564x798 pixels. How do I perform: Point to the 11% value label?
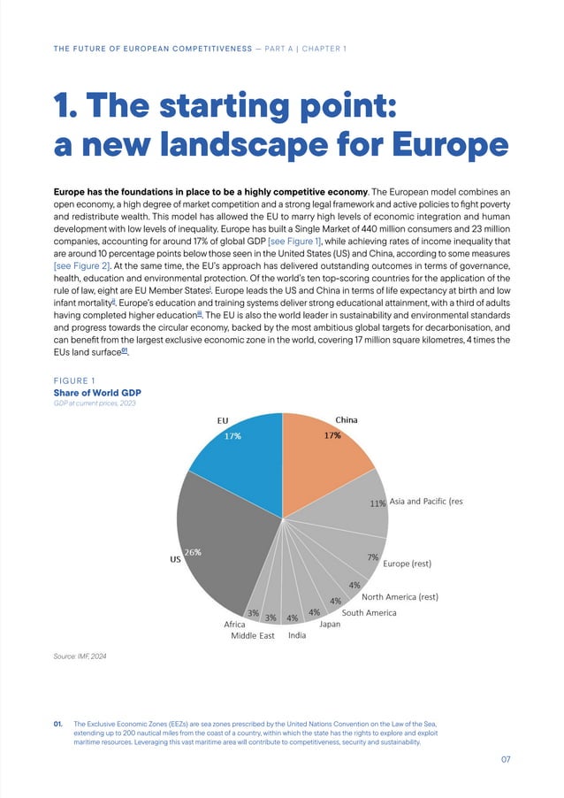pos(377,503)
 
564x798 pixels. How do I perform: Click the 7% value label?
pos(372,557)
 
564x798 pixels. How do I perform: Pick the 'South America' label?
pos(369,612)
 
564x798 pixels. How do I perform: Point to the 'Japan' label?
pos(330,625)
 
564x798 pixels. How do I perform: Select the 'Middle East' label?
pos(253,635)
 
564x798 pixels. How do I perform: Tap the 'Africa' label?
pos(234,625)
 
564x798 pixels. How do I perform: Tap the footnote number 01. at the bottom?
pos(60,724)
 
